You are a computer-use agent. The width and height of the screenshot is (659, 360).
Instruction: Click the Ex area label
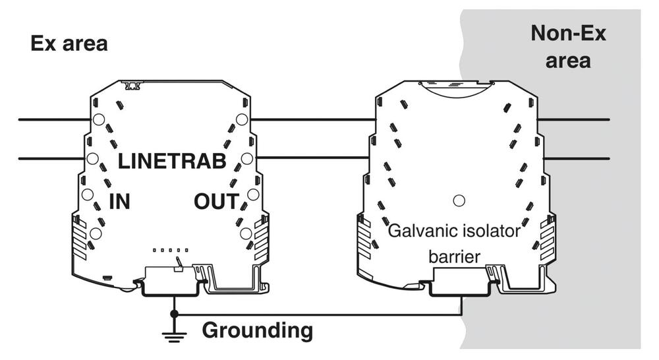pos(69,44)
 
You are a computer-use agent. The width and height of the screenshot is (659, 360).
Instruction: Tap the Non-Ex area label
pos(568,47)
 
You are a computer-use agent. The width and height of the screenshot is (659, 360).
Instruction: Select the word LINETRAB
pos(172,161)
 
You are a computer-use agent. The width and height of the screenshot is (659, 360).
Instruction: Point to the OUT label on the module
pos(215,202)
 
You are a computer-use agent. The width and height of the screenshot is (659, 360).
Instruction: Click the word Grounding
pos(257,330)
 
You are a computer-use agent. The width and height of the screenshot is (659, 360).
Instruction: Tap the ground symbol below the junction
pos(174,336)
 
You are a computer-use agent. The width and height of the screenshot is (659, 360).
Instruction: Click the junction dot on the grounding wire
pos(174,314)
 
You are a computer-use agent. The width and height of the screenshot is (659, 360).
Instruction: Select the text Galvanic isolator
pos(454,232)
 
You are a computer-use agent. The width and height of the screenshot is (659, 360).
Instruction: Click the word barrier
pos(454,256)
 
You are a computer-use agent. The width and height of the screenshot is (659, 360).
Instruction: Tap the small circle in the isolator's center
pos(459,199)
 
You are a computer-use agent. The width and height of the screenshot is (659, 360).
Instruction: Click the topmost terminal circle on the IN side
pos(98,119)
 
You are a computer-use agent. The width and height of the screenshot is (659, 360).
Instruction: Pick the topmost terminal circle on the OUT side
pos(242,119)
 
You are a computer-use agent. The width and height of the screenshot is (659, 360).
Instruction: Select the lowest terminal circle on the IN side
pos(96,233)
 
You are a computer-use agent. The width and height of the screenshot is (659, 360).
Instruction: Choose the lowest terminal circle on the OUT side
pos(245,233)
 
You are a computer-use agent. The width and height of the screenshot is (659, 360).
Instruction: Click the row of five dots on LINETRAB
pos(171,251)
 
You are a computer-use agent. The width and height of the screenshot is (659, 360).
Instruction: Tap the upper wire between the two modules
pos(313,120)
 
